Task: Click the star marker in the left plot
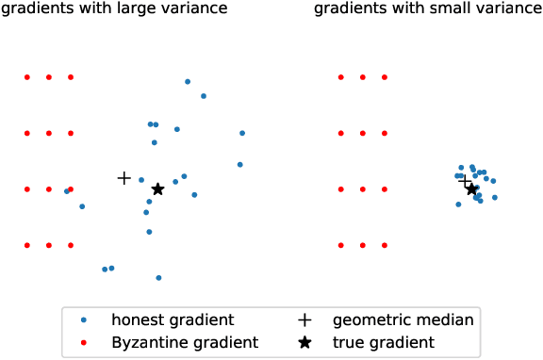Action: point(157,188)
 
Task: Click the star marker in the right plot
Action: point(471,188)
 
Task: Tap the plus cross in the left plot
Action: point(123,177)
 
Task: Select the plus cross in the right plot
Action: point(464,179)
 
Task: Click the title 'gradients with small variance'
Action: point(428,10)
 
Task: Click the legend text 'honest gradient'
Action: point(173,320)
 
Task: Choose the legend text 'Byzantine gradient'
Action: point(185,342)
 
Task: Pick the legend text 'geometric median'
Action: point(403,320)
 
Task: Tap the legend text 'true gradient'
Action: point(384,342)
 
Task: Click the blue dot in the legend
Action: point(84,320)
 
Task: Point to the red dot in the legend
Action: point(84,342)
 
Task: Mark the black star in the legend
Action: point(304,342)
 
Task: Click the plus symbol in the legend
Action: point(304,320)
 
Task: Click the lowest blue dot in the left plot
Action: point(158,277)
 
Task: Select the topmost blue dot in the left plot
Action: point(188,81)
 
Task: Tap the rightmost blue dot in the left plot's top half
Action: point(242,133)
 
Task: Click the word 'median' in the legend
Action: point(447,320)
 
